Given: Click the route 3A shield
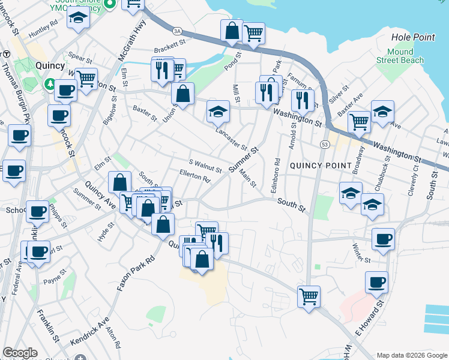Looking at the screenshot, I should tap(176, 30).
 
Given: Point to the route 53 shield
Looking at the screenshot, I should tap(324, 145).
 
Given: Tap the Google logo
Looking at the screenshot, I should tap(20, 353).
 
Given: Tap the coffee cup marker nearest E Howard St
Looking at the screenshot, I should tap(376, 282).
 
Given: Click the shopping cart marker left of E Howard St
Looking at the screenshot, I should tap(309, 296).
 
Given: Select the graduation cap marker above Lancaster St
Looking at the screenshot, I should tap(218, 111).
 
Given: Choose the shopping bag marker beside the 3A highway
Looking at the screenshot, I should tap(232, 31).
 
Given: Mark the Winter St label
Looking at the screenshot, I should tap(362, 253).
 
